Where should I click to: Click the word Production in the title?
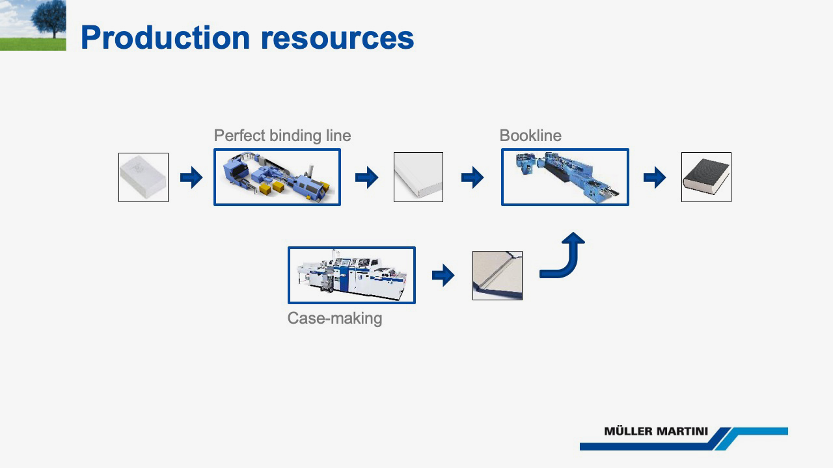click(x=165, y=38)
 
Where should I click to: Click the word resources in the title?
click(x=337, y=38)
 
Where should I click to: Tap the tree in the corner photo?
click(x=48, y=19)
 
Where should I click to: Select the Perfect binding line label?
click(x=282, y=136)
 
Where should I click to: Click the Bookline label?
click(x=530, y=136)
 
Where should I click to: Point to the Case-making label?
click(x=335, y=318)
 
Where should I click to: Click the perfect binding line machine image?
click(x=277, y=177)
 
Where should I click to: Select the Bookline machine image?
click(x=565, y=177)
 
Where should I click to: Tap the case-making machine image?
click(x=351, y=275)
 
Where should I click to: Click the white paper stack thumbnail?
click(x=144, y=177)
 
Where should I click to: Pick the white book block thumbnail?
click(x=418, y=177)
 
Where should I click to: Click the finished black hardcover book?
click(x=706, y=177)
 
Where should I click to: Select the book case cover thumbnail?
click(x=497, y=276)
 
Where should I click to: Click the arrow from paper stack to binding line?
click(x=191, y=177)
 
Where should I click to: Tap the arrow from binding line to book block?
click(x=366, y=177)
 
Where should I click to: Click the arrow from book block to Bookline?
click(x=472, y=177)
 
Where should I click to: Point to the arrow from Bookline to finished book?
click(x=655, y=177)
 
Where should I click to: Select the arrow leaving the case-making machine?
click(x=443, y=276)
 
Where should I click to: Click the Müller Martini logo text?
click(x=656, y=431)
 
